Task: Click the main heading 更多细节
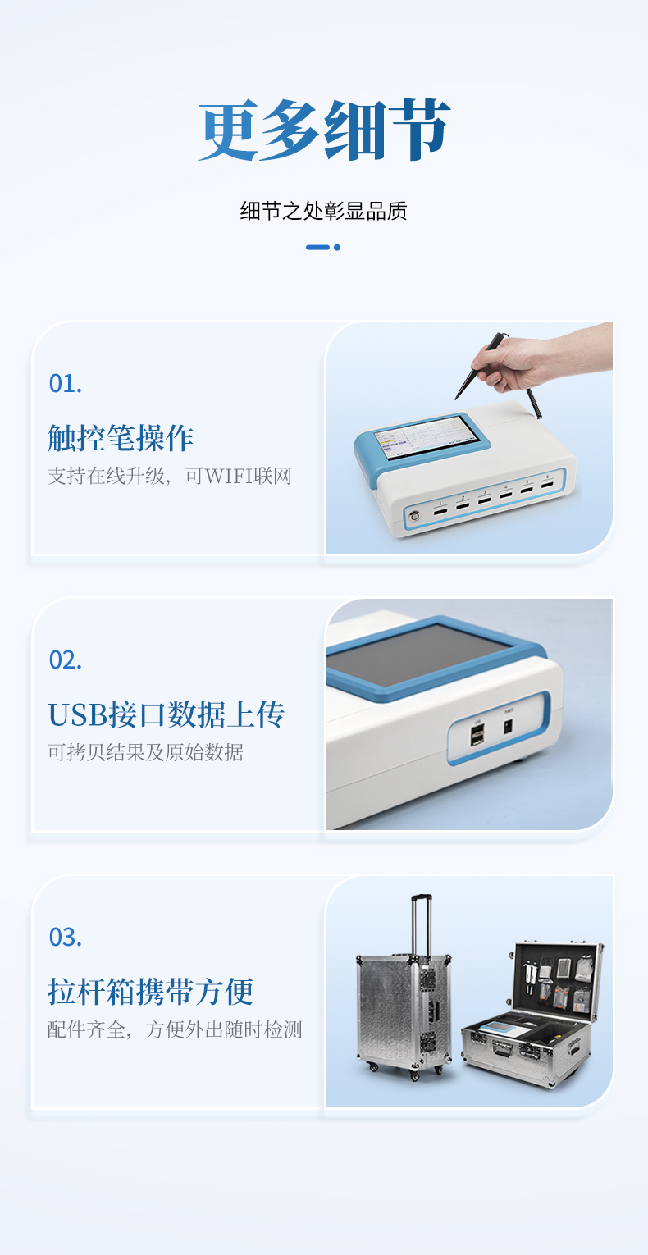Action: click(x=324, y=130)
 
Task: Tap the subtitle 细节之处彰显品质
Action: click(x=324, y=212)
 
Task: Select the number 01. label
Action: click(x=66, y=384)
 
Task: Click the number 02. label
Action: click(x=66, y=660)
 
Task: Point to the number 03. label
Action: click(x=66, y=937)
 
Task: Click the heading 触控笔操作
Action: click(x=121, y=437)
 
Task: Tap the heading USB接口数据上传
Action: click(x=167, y=714)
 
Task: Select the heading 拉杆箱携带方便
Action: click(x=151, y=991)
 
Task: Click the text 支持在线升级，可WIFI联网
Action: click(x=170, y=477)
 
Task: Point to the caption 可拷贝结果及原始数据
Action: click(x=146, y=752)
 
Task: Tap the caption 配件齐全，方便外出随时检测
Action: click(x=175, y=1029)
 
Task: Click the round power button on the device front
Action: click(x=414, y=516)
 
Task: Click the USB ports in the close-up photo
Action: click(x=477, y=735)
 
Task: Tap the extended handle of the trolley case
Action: click(x=422, y=925)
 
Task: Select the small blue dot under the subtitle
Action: click(x=337, y=247)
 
